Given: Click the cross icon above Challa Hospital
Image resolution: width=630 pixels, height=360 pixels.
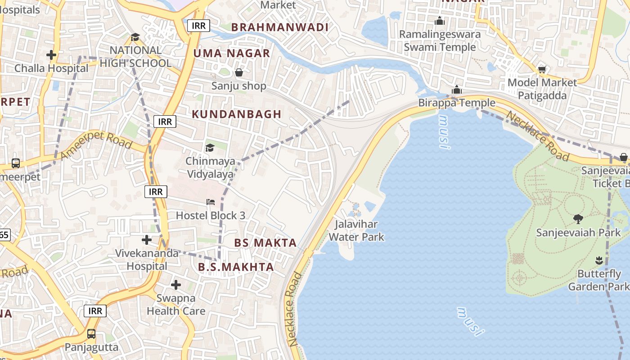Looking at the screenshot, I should [x=51, y=55].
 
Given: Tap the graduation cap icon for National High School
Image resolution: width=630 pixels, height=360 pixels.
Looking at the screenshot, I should [x=135, y=37].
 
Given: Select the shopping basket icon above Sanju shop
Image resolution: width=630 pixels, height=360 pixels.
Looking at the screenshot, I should [x=239, y=72].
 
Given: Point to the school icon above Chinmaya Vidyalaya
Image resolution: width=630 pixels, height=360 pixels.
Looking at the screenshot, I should [x=210, y=148].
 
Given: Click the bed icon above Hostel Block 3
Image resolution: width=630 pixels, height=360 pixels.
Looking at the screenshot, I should [x=211, y=202].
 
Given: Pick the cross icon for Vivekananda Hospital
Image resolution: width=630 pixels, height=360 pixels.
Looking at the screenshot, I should [x=147, y=239].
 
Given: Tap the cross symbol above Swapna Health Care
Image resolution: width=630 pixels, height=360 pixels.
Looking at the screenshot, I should [x=176, y=285].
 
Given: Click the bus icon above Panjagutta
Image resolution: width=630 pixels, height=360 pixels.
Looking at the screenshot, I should [x=91, y=334].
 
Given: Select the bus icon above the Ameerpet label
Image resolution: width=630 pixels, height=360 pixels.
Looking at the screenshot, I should [x=16, y=163].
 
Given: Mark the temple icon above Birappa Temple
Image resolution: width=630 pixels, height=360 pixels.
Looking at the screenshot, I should [x=457, y=90].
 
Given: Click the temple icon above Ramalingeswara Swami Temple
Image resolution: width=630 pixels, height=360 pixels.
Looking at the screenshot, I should [x=440, y=21].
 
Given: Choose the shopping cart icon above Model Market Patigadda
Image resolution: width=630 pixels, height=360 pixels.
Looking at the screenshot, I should [x=542, y=69].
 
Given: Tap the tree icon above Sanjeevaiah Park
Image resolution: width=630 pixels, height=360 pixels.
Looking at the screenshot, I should [x=578, y=219].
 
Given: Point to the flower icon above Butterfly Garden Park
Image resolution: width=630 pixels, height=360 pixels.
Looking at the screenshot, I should [x=599, y=260].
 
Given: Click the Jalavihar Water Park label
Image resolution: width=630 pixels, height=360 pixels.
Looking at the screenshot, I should [x=357, y=230].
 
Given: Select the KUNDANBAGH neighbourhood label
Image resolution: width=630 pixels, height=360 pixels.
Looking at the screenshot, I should [x=236, y=114].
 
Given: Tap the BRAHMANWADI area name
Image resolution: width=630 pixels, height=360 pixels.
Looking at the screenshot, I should [x=280, y=27].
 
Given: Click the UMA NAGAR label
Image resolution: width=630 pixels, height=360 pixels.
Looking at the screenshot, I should [x=232, y=54].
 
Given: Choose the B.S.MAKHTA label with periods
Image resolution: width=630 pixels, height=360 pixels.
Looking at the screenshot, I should [x=236, y=267].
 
